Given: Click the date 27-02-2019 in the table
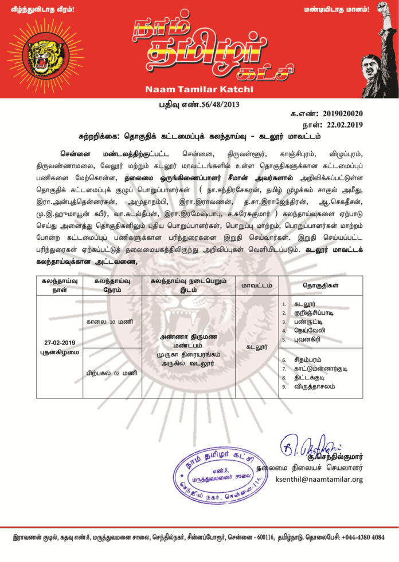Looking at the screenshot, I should (x=60, y=342).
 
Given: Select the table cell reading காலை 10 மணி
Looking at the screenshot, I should (x=112, y=322).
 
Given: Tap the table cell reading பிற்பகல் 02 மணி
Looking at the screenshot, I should (x=112, y=373).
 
